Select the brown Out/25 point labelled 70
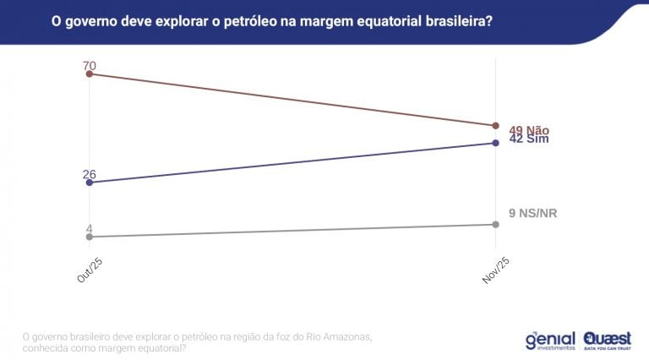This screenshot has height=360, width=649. click(x=90, y=74)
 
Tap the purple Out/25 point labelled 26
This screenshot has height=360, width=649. click(x=90, y=182)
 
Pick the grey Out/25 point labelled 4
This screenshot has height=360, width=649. click(x=90, y=237)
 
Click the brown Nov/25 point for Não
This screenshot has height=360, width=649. click(x=496, y=126)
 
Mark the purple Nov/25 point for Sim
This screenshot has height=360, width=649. click(x=496, y=143)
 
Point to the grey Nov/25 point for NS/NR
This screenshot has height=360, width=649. click(x=496, y=224)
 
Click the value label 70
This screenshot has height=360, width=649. click(x=90, y=65)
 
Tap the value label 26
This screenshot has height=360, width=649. click(x=90, y=174)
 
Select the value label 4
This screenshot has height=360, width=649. click(x=89, y=228)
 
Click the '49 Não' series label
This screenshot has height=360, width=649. click(x=529, y=130)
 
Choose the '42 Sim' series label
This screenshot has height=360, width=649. click(x=529, y=139)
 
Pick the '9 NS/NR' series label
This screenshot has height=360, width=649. click(x=532, y=213)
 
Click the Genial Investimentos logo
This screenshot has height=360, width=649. click(x=549, y=340)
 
